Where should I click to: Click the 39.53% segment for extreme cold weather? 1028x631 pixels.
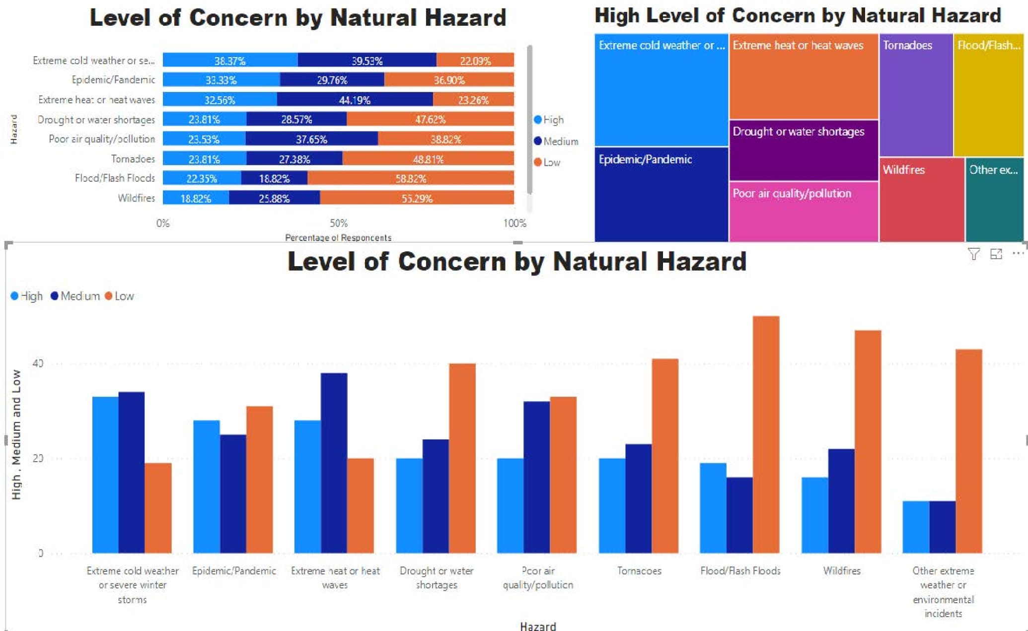point(367,61)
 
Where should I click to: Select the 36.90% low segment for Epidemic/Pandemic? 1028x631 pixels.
point(449,80)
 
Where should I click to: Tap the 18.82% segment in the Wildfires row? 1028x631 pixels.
point(196,198)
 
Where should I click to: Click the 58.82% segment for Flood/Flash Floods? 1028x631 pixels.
point(411,178)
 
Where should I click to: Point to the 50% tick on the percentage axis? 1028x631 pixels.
point(339,223)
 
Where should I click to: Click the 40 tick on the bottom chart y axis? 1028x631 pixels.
point(38,363)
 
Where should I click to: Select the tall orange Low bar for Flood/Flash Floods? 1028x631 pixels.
point(766,434)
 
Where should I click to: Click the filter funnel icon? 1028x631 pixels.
point(973,254)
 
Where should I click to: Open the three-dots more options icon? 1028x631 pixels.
point(1018,254)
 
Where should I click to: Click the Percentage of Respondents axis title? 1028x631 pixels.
point(338,238)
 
